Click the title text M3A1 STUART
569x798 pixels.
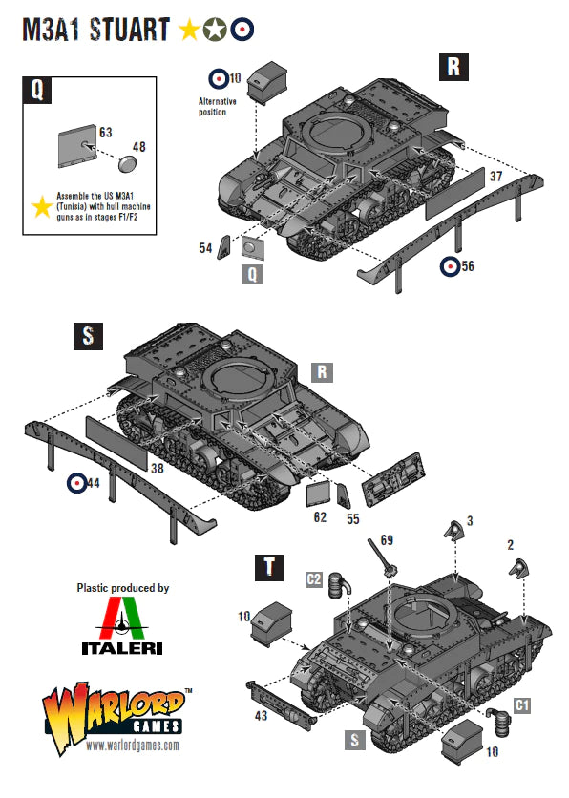pos(96,30)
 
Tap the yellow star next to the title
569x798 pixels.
pos(189,31)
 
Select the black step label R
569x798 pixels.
pos(453,67)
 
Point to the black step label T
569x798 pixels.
pos(271,567)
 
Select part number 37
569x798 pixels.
pos(495,176)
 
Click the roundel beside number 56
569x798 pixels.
pos(450,266)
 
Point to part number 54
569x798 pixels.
pos(204,247)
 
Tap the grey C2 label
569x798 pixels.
pos(313,579)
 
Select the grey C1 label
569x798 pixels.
pos(522,704)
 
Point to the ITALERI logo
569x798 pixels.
pos(121,630)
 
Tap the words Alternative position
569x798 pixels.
pos(213,106)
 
